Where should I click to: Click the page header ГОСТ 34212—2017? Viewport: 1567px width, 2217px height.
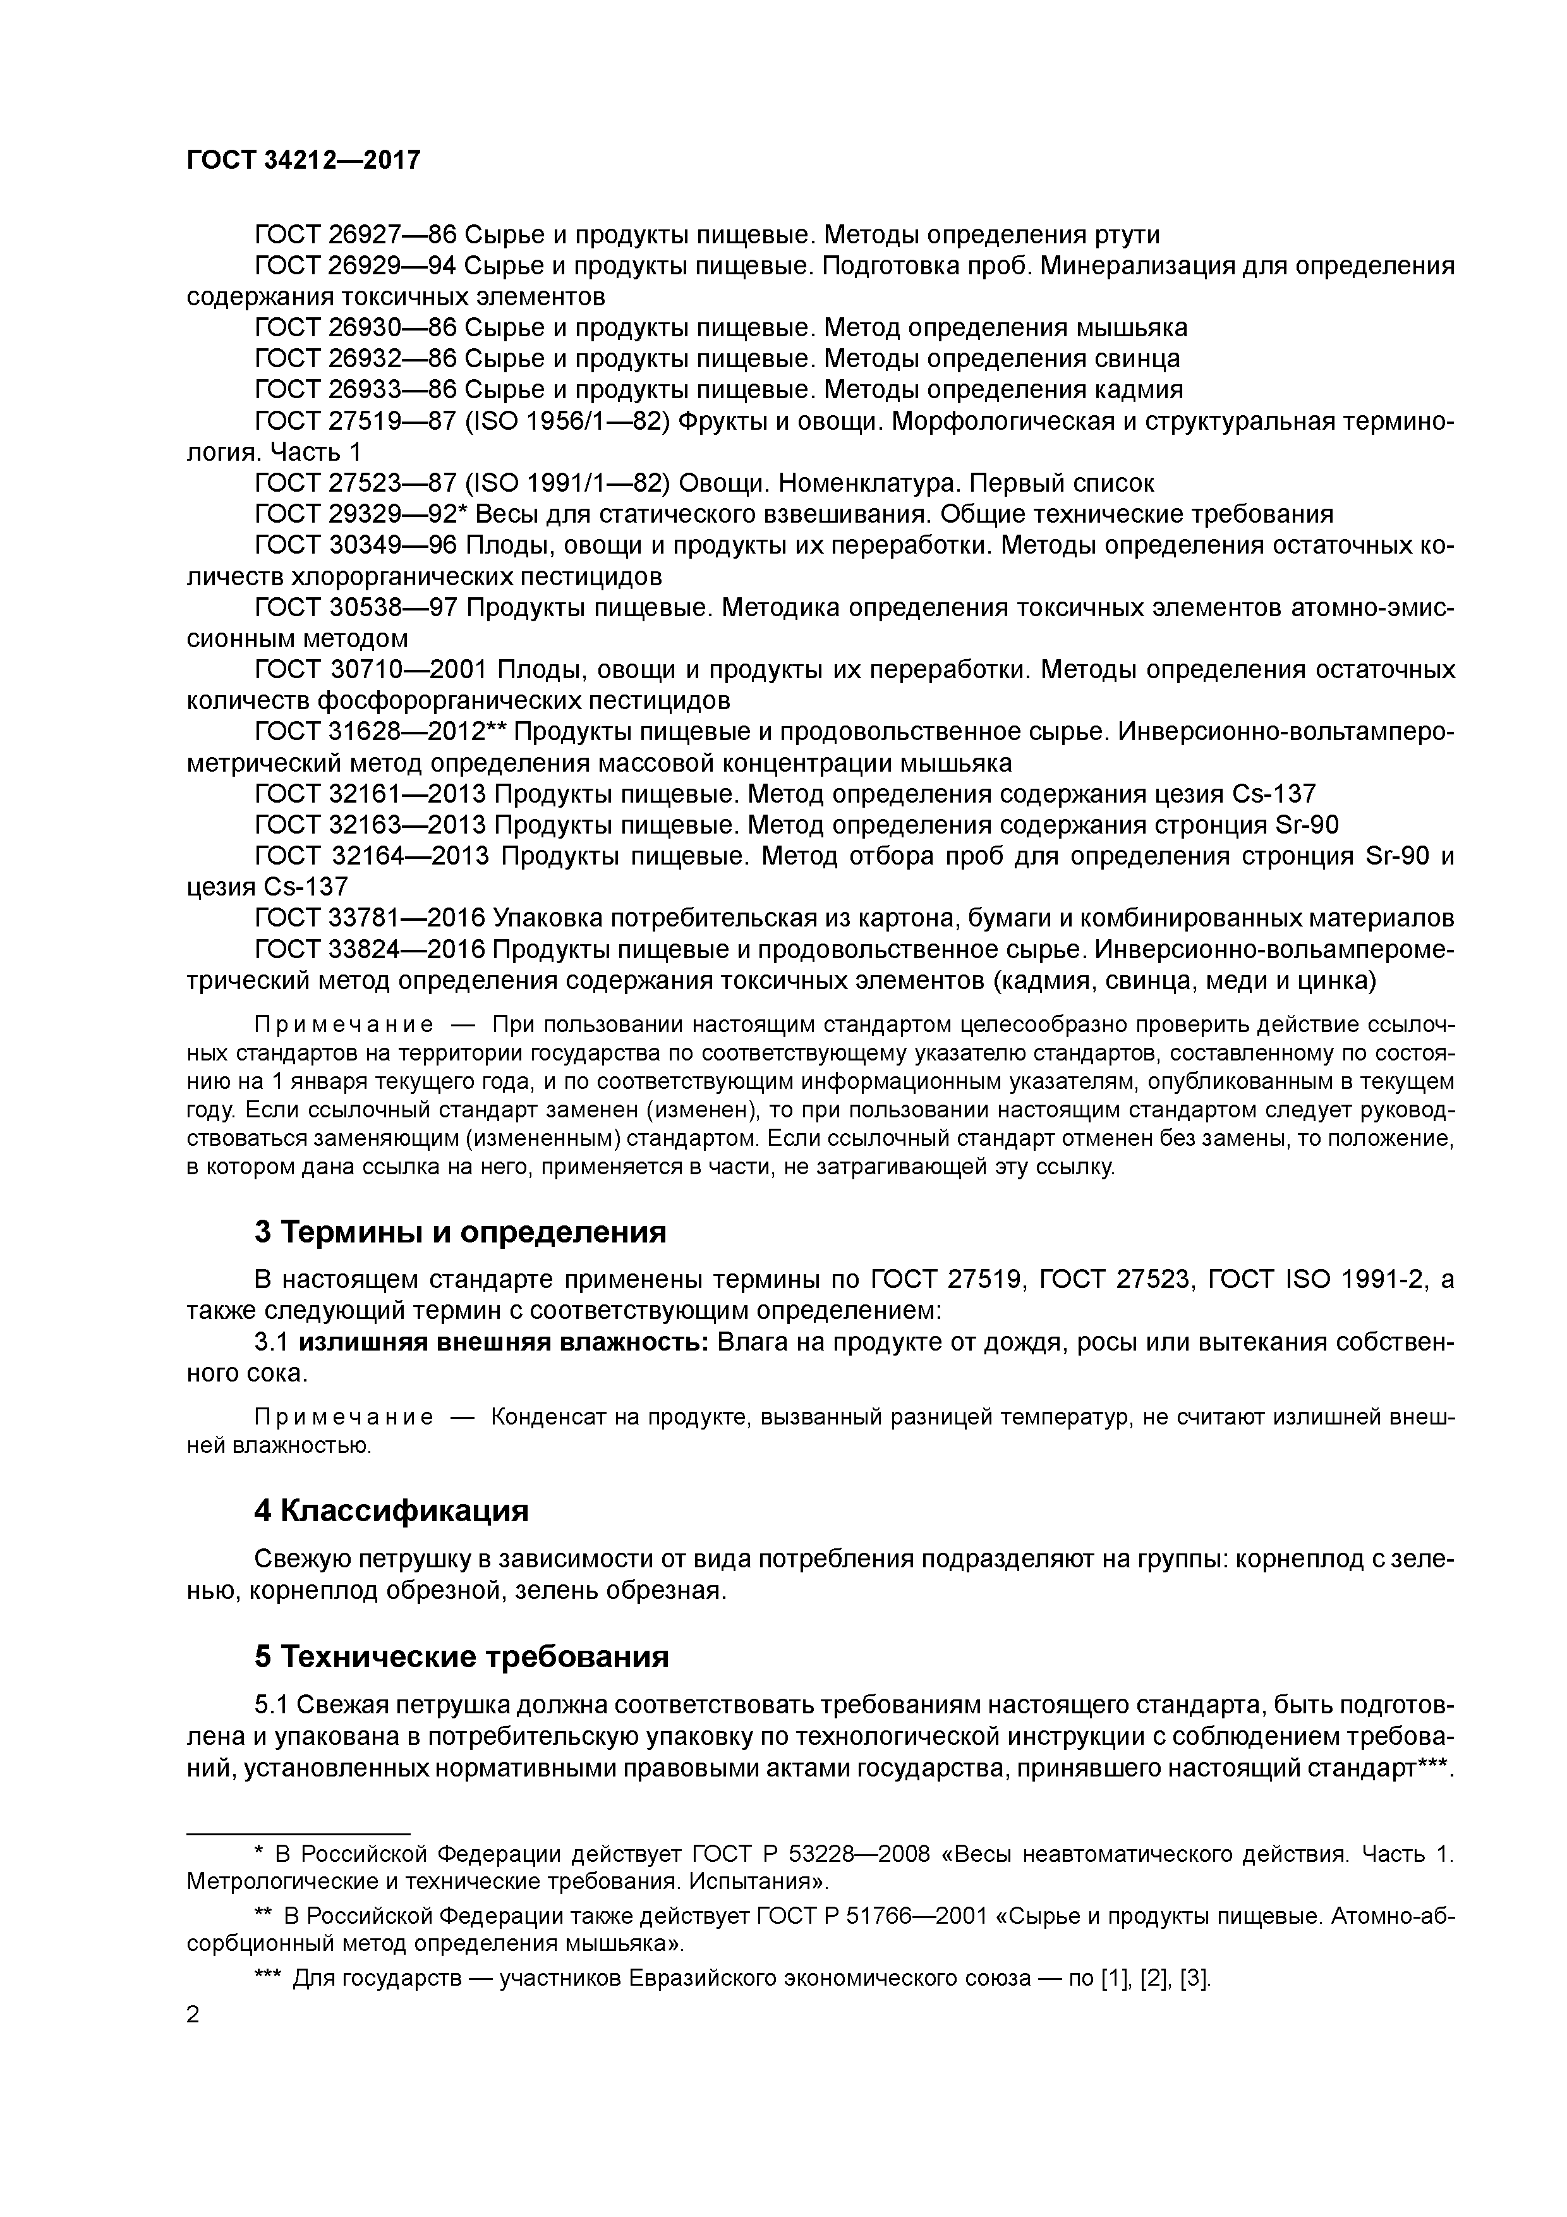(303, 161)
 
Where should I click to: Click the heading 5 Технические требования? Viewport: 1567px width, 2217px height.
(461, 1657)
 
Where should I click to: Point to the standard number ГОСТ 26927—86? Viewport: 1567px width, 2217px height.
(354, 234)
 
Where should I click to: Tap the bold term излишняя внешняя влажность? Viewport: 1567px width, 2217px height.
(504, 1343)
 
